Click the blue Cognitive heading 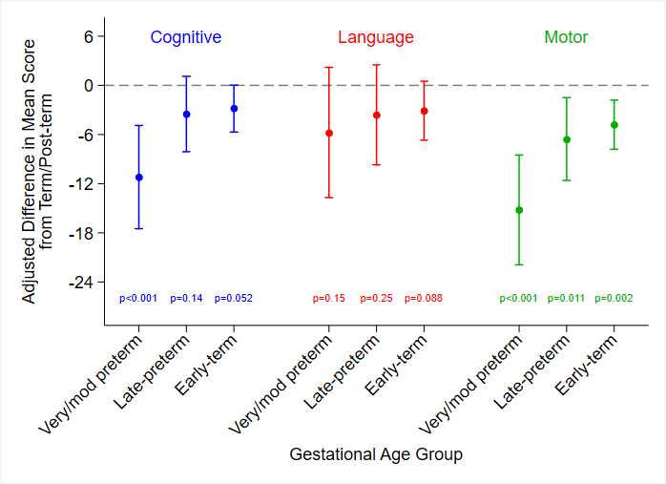[185, 37]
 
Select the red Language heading [376, 37]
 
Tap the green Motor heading [566, 37]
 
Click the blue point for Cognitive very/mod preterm [139, 178]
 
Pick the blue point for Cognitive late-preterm [187, 115]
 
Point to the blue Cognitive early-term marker [234, 109]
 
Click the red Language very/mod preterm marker [329, 134]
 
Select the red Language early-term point [424, 111]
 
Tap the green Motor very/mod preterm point [519, 210]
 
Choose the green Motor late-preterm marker [567, 139]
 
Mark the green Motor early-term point [614, 125]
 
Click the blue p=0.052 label [234, 299]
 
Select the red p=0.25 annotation [376, 299]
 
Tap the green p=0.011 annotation [567, 299]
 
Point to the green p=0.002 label [614, 299]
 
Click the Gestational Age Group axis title [376, 454]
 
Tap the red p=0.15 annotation [329, 299]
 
